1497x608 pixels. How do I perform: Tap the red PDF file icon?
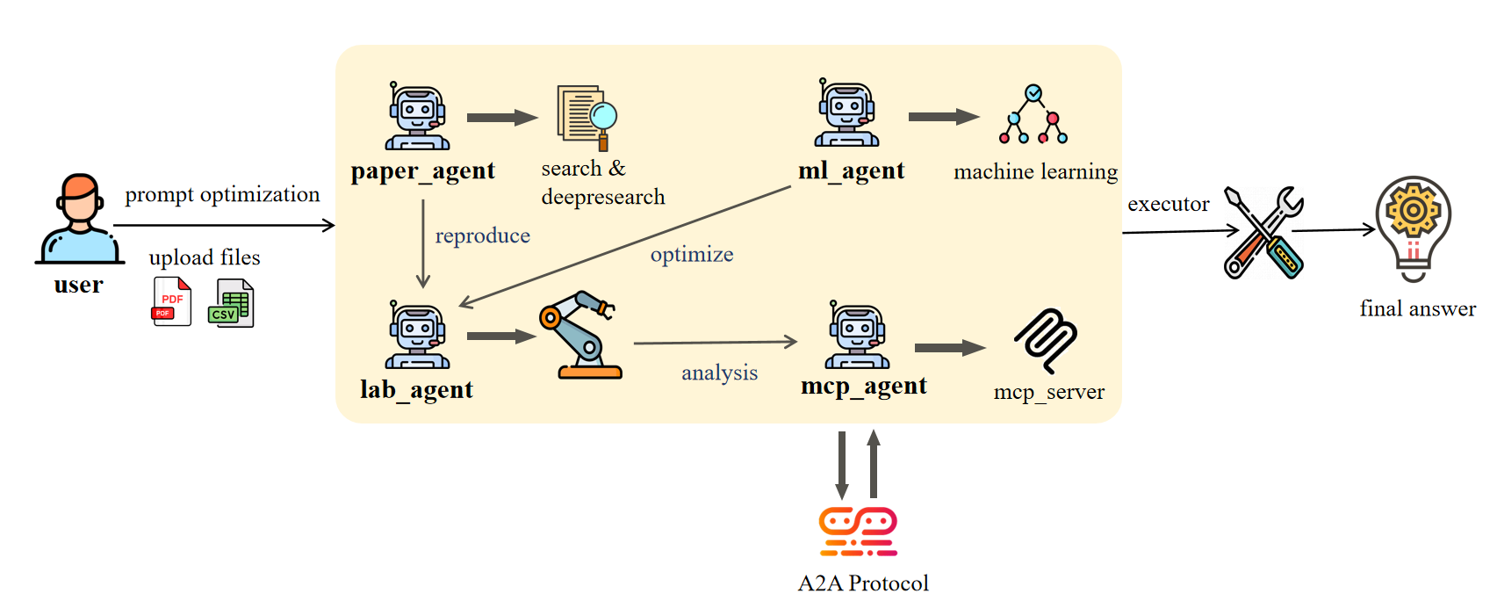click(171, 301)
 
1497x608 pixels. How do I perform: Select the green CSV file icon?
click(231, 303)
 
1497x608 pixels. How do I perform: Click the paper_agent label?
click(422, 170)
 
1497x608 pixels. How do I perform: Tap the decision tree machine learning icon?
click(1033, 115)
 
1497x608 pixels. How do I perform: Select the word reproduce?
click(482, 235)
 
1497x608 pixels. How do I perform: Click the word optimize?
click(691, 255)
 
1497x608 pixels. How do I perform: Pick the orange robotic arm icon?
click(580, 336)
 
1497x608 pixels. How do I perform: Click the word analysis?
click(719, 373)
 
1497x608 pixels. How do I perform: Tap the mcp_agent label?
click(863, 386)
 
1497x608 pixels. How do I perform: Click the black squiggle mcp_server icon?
click(1046, 340)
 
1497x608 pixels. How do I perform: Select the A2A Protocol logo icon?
click(858, 531)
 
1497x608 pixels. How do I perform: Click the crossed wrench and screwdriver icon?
click(1263, 233)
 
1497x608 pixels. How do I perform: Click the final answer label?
click(1417, 308)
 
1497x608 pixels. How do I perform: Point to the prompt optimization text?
click(222, 194)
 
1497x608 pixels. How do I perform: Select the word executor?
click(1168, 204)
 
